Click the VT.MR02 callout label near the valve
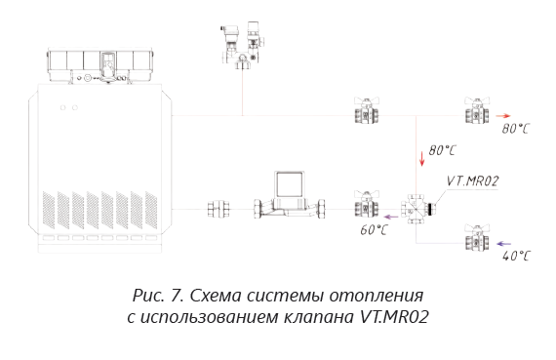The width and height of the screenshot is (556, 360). coord(472,181)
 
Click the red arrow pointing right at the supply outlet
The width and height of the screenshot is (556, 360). coord(503,116)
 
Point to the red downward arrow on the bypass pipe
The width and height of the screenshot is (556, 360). coord(421,159)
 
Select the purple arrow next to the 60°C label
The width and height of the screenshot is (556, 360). coord(391,217)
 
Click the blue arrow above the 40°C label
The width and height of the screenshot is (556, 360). coord(503,244)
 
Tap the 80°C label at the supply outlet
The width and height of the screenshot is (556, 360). coord(515,129)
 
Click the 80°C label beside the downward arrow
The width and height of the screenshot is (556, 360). coord(442,150)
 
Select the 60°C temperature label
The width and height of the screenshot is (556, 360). coord(374,230)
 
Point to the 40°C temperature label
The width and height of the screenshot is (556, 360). coord(516,256)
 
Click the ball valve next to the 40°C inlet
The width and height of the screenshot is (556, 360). coord(477,238)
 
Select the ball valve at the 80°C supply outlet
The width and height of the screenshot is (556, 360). coord(477,110)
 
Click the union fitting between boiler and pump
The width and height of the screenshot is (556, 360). coord(218,209)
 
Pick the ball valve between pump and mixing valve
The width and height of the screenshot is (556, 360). coord(367,204)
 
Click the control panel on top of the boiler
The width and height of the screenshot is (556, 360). coord(100,66)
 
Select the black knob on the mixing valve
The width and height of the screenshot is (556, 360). coord(431,209)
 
